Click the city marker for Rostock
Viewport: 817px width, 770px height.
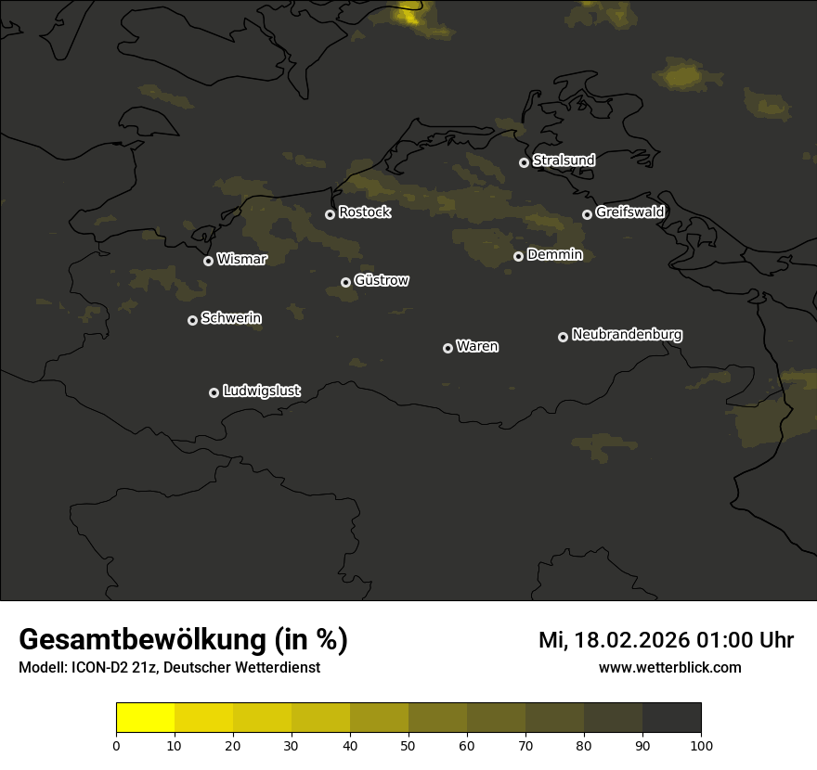point(330,214)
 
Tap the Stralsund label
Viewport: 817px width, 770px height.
point(564,160)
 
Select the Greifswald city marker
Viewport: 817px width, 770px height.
point(587,214)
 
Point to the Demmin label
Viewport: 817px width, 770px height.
point(554,254)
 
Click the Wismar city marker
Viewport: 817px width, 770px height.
point(208,261)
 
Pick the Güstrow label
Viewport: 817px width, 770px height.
point(382,280)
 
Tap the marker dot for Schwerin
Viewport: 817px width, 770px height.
point(192,320)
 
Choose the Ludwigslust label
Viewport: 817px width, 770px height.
point(262,391)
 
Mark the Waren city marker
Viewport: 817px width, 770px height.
point(447,348)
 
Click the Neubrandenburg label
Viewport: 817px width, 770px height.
point(627,334)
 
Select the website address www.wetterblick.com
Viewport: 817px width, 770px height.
point(670,667)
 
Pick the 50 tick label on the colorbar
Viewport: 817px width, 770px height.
point(408,745)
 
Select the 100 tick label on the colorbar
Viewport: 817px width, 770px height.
point(701,745)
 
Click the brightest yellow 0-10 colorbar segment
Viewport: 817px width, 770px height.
point(146,718)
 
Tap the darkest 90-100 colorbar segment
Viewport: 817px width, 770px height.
point(671,718)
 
